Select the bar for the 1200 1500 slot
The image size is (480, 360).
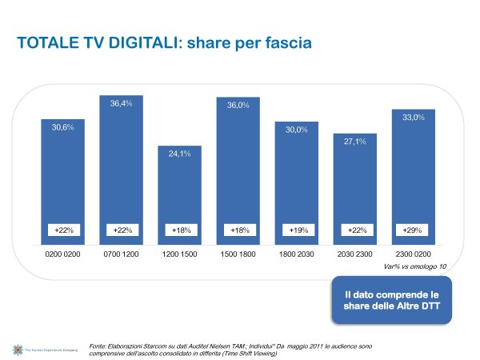[179, 196]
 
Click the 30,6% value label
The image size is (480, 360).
[63, 128]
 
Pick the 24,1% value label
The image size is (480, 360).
[179, 154]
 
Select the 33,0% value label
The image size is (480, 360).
[413, 118]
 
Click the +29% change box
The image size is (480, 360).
[412, 230]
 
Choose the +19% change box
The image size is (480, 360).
[296, 230]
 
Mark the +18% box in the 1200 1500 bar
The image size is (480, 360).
[179, 230]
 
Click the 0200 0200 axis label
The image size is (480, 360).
[63, 258]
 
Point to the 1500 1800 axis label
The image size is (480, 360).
[238, 258]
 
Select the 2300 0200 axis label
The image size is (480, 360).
[413, 258]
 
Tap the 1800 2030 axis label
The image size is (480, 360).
[296, 258]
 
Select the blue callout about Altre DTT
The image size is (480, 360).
[391, 300]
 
